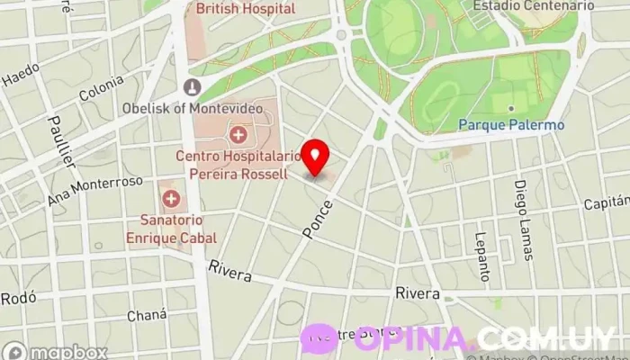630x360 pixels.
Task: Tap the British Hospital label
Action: pyautogui.click(x=246, y=8)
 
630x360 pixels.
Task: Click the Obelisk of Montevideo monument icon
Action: pyautogui.click(x=191, y=86)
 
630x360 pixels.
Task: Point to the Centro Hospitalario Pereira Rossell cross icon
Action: pyautogui.click(x=238, y=135)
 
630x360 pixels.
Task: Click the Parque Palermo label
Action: pyautogui.click(x=511, y=125)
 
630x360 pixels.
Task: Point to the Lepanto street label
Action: pyautogui.click(x=481, y=256)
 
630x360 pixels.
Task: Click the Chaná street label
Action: pyautogui.click(x=147, y=315)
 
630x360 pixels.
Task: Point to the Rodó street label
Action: pyautogui.click(x=18, y=298)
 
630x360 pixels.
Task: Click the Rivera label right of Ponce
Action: pyautogui.click(x=418, y=294)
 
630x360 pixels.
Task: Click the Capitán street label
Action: pyautogui.click(x=607, y=203)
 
